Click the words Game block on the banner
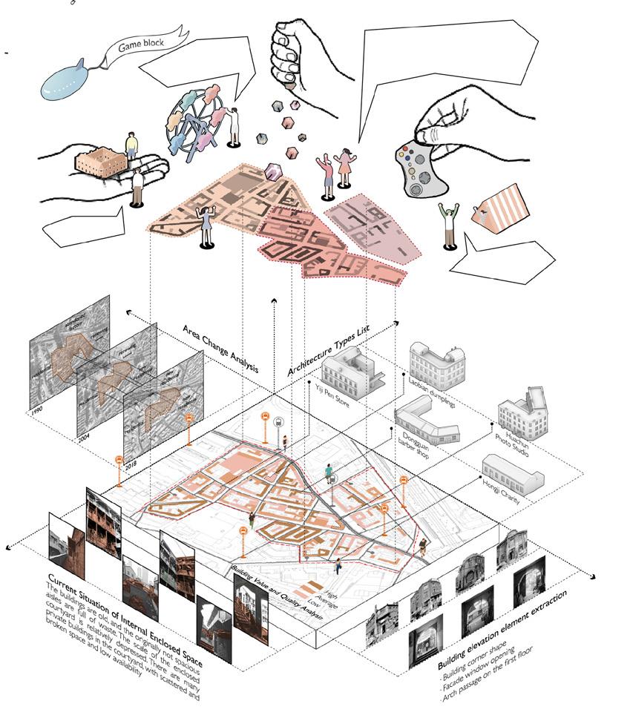(x=138, y=45)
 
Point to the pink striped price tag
(x=499, y=209)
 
